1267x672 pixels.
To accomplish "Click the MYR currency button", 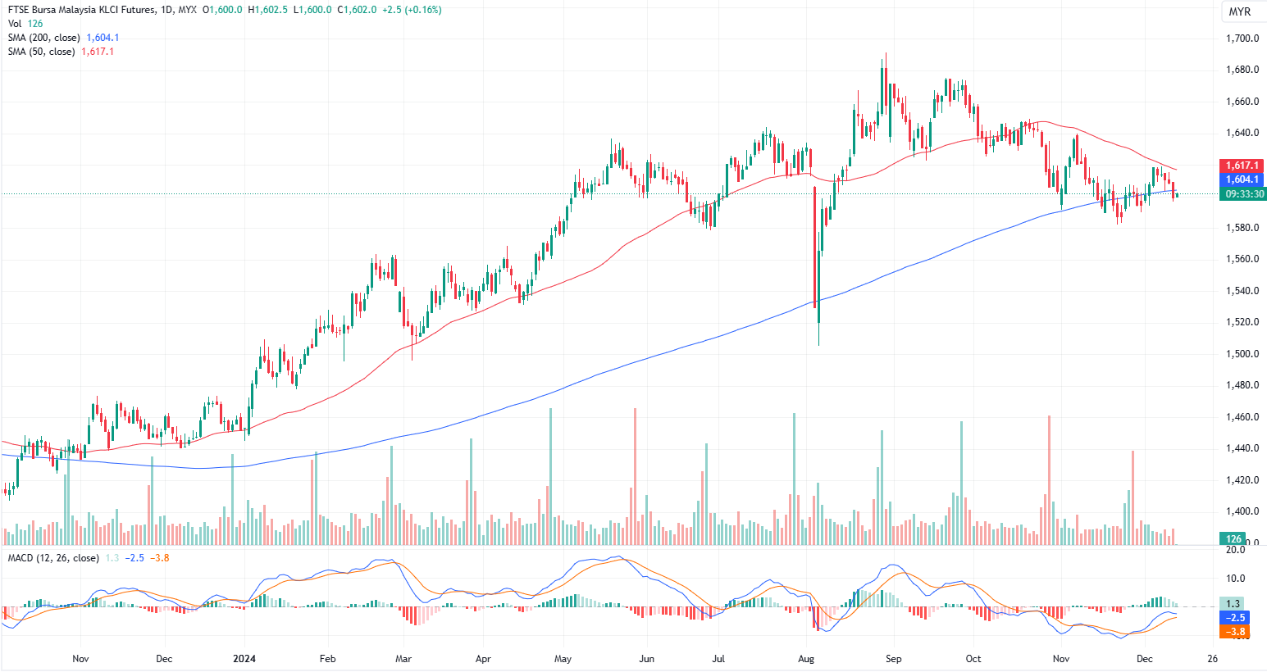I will [1239, 11].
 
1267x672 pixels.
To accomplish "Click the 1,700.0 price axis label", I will [1242, 39].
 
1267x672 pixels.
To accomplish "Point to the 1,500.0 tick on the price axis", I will [1242, 354].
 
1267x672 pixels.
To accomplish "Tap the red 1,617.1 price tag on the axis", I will [1242, 166].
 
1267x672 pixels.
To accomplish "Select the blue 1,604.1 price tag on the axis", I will [1242, 179].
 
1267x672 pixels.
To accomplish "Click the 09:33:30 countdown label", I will [1244, 194].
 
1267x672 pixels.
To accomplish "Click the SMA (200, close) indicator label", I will [44, 38].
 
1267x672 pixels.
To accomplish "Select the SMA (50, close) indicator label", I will [42, 52].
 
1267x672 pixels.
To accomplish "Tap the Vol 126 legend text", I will [25, 24].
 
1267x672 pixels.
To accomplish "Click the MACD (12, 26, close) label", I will [53, 558].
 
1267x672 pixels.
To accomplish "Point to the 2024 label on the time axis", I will [244, 659].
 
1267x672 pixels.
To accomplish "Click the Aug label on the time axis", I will [806, 659].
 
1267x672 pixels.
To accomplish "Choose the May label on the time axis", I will [563, 659].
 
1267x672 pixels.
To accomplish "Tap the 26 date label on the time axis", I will [1213, 659].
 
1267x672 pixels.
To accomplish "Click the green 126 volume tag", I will [1233, 538].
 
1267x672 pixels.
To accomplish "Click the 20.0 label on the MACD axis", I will [1235, 550].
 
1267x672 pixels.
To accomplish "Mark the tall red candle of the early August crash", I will [815, 246].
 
